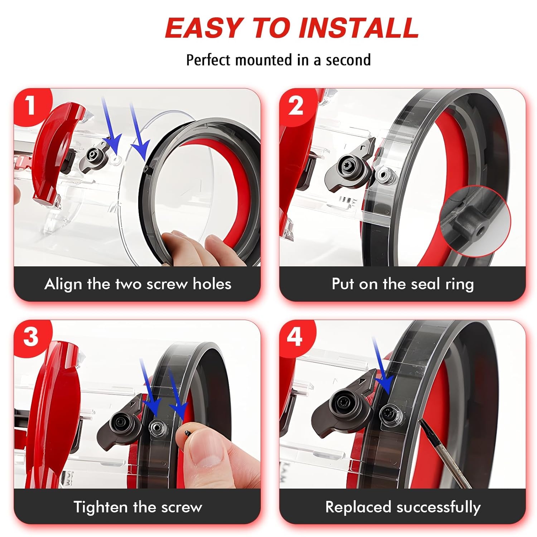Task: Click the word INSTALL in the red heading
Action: [x=358, y=28]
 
